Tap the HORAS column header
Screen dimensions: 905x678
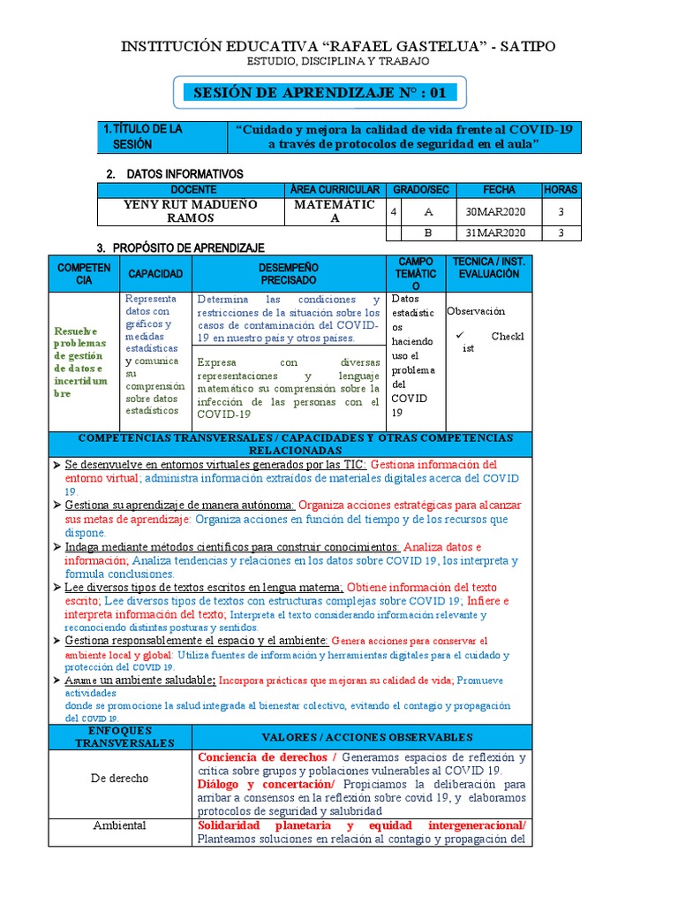pyautogui.click(x=561, y=190)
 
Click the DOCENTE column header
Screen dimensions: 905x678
pyautogui.click(x=192, y=190)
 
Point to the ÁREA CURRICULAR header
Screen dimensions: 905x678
pyautogui.click(x=335, y=190)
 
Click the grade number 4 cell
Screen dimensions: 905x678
pyautogui.click(x=393, y=211)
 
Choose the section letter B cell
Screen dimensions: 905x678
pyautogui.click(x=428, y=232)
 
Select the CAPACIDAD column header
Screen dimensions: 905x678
pyautogui.click(x=155, y=274)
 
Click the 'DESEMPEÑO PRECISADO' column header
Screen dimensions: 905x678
pyautogui.click(x=289, y=273)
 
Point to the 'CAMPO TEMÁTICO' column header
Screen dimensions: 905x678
pyautogui.click(x=416, y=274)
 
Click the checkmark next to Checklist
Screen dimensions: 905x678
pyautogui.click(x=460, y=336)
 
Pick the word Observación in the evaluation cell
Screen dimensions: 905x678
pyautogui.click(x=476, y=311)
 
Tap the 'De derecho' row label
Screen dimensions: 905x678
pyautogui.click(x=119, y=779)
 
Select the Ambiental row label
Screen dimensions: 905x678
pyautogui.click(x=119, y=825)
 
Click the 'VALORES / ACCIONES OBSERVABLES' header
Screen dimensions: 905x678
pyautogui.click(x=361, y=737)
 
